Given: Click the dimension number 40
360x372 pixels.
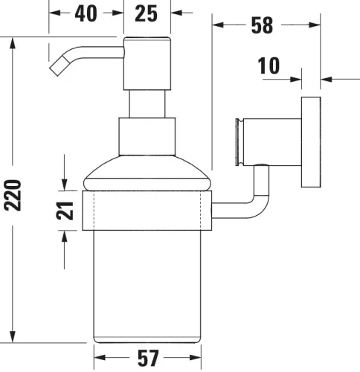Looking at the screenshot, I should (86, 14).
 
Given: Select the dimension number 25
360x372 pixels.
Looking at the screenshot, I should (147, 14).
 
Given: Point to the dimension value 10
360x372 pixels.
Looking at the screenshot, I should (269, 65).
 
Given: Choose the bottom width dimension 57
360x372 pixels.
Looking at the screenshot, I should (148, 359).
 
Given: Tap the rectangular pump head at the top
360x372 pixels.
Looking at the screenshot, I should (147, 62).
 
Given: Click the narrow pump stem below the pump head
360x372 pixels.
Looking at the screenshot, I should (147, 104).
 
